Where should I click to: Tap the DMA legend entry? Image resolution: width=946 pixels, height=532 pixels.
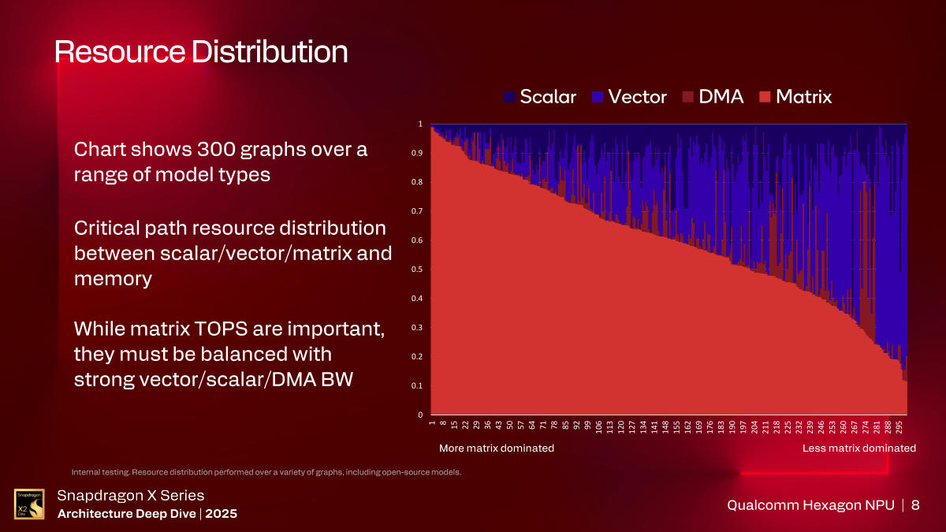[x=713, y=97]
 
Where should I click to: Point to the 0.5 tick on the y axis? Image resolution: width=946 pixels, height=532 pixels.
[x=419, y=270]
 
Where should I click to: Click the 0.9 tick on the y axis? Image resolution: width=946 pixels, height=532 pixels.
[x=419, y=153]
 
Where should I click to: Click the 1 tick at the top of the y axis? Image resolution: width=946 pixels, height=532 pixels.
[x=421, y=125]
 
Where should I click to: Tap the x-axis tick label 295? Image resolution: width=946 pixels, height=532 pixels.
[x=899, y=427]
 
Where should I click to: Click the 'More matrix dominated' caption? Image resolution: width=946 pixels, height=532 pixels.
[x=496, y=448]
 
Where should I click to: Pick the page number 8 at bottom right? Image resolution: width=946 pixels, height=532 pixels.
[x=915, y=505]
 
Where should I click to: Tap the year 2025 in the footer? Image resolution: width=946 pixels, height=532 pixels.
[x=221, y=514]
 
